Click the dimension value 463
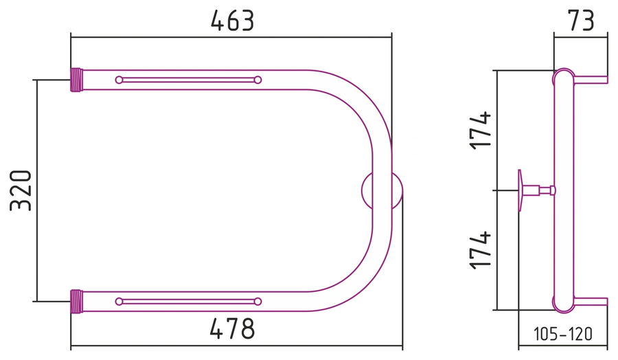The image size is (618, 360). [x=233, y=21]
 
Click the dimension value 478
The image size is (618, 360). [x=233, y=328]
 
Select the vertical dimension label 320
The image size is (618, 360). [x=21, y=190]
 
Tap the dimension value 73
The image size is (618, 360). [x=580, y=21]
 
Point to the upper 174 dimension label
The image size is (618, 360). [x=481, y=130]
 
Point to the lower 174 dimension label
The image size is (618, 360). [x=481, y=250]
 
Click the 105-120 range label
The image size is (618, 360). [x=563, y=334]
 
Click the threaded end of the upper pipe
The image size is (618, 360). [x=76, y=80]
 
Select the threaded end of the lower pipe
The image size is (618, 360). [x=76, y=302]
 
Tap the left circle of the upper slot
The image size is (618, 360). [x=119, y=80]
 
